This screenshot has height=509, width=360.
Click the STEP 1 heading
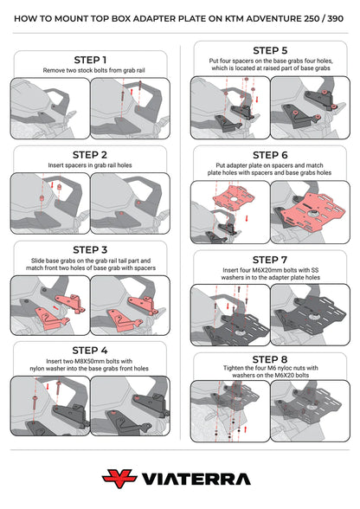tap(90, 60)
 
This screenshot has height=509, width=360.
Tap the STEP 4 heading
tap(90, 351)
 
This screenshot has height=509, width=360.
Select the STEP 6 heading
tap(270, 155)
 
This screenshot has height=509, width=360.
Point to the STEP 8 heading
tap(270, 359)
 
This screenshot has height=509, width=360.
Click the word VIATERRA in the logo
tap(196, 480)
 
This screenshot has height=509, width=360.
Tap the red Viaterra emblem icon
tap(119, 478)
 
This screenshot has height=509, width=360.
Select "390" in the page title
tap(335, 18)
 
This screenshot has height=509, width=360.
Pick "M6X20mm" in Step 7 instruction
tap(267, 270)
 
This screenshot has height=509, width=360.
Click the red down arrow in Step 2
tap(52, 184)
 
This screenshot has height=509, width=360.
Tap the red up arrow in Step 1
tap(132, 92)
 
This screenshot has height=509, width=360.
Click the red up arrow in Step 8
tap(245, 429)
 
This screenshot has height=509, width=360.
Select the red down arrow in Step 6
tap(247, 218)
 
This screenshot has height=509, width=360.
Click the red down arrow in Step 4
tap(48, 386)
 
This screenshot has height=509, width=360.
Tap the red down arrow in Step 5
tap(257, 99)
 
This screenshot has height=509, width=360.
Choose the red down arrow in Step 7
tap(228, 306)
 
